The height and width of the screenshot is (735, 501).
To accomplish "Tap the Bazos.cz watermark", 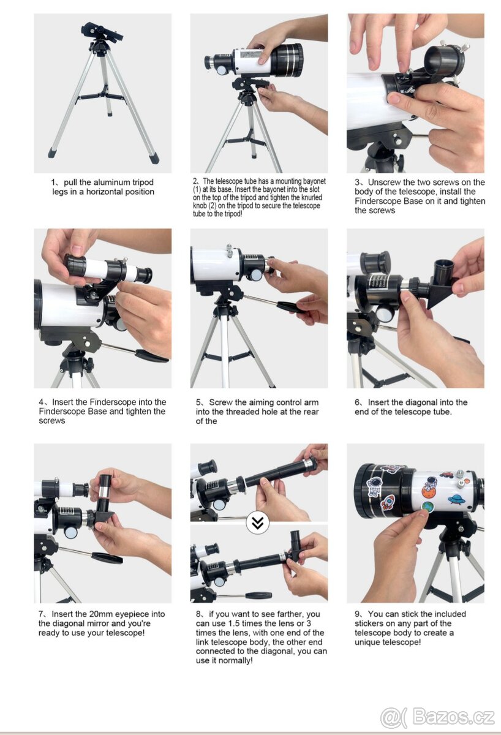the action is (x=437, y=717).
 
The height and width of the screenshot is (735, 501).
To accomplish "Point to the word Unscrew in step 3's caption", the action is (x=385, y=182).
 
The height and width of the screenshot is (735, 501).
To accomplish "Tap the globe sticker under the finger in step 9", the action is (x=428, y=507).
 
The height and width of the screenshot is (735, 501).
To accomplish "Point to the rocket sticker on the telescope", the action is (x=387, y=502).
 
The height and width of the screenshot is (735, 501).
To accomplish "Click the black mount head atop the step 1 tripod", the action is (x=102, y=34).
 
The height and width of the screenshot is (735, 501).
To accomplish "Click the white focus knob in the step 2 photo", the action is (x=222, y=70).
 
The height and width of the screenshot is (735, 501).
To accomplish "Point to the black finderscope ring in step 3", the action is (x=444, y=59).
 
